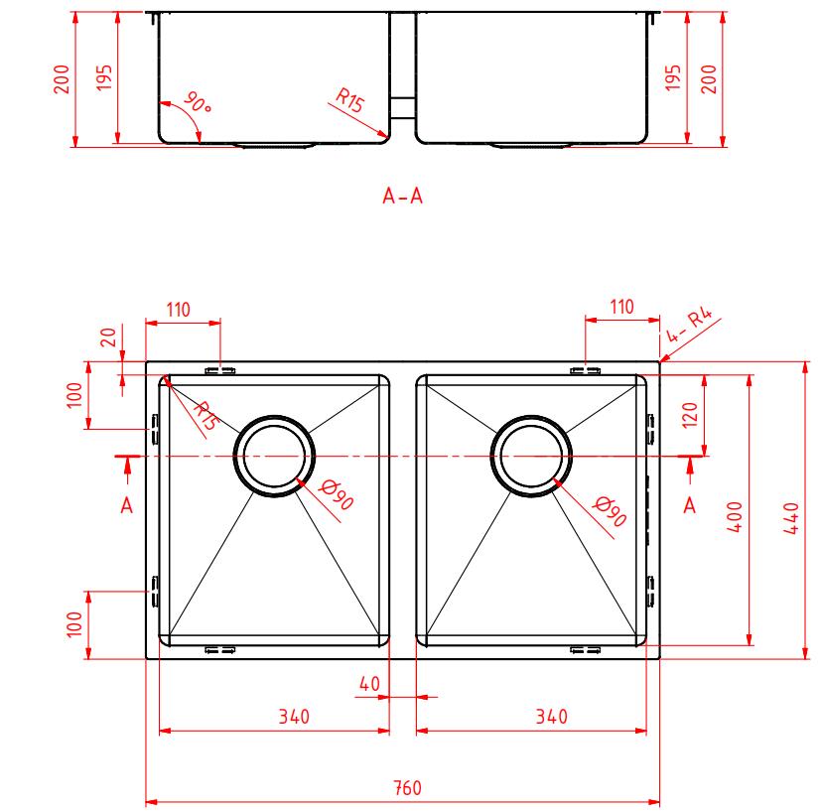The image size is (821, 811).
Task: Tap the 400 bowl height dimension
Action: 735,516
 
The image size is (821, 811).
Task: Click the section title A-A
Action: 402,196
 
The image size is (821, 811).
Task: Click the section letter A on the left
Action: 126,505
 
